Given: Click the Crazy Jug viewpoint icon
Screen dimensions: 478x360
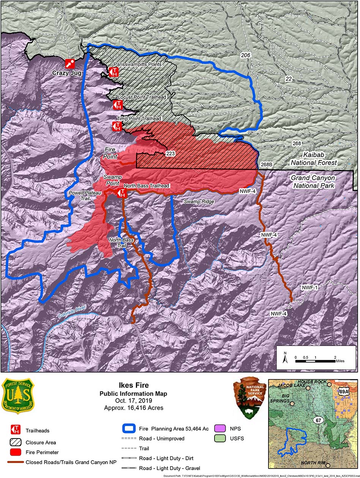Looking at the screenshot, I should pos(70,63).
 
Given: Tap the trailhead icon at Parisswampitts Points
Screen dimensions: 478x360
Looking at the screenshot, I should pos(114,72).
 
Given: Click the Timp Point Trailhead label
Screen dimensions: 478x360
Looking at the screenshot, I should pos(139,119).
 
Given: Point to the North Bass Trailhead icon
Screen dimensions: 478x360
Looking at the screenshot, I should pos(122,193).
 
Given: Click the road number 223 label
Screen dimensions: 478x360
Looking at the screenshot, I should pos(170,154).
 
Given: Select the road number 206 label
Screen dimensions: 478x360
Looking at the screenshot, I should pos(246,55).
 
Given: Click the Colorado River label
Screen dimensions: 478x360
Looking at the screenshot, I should pos(72,311).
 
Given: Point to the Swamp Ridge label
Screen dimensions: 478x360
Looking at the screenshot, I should pos(199,202).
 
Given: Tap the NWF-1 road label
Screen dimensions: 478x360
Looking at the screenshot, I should pos(310,288).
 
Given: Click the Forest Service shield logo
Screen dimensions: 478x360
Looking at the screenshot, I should pos(18,396).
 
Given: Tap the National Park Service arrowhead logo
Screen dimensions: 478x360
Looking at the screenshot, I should pos(249,397).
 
